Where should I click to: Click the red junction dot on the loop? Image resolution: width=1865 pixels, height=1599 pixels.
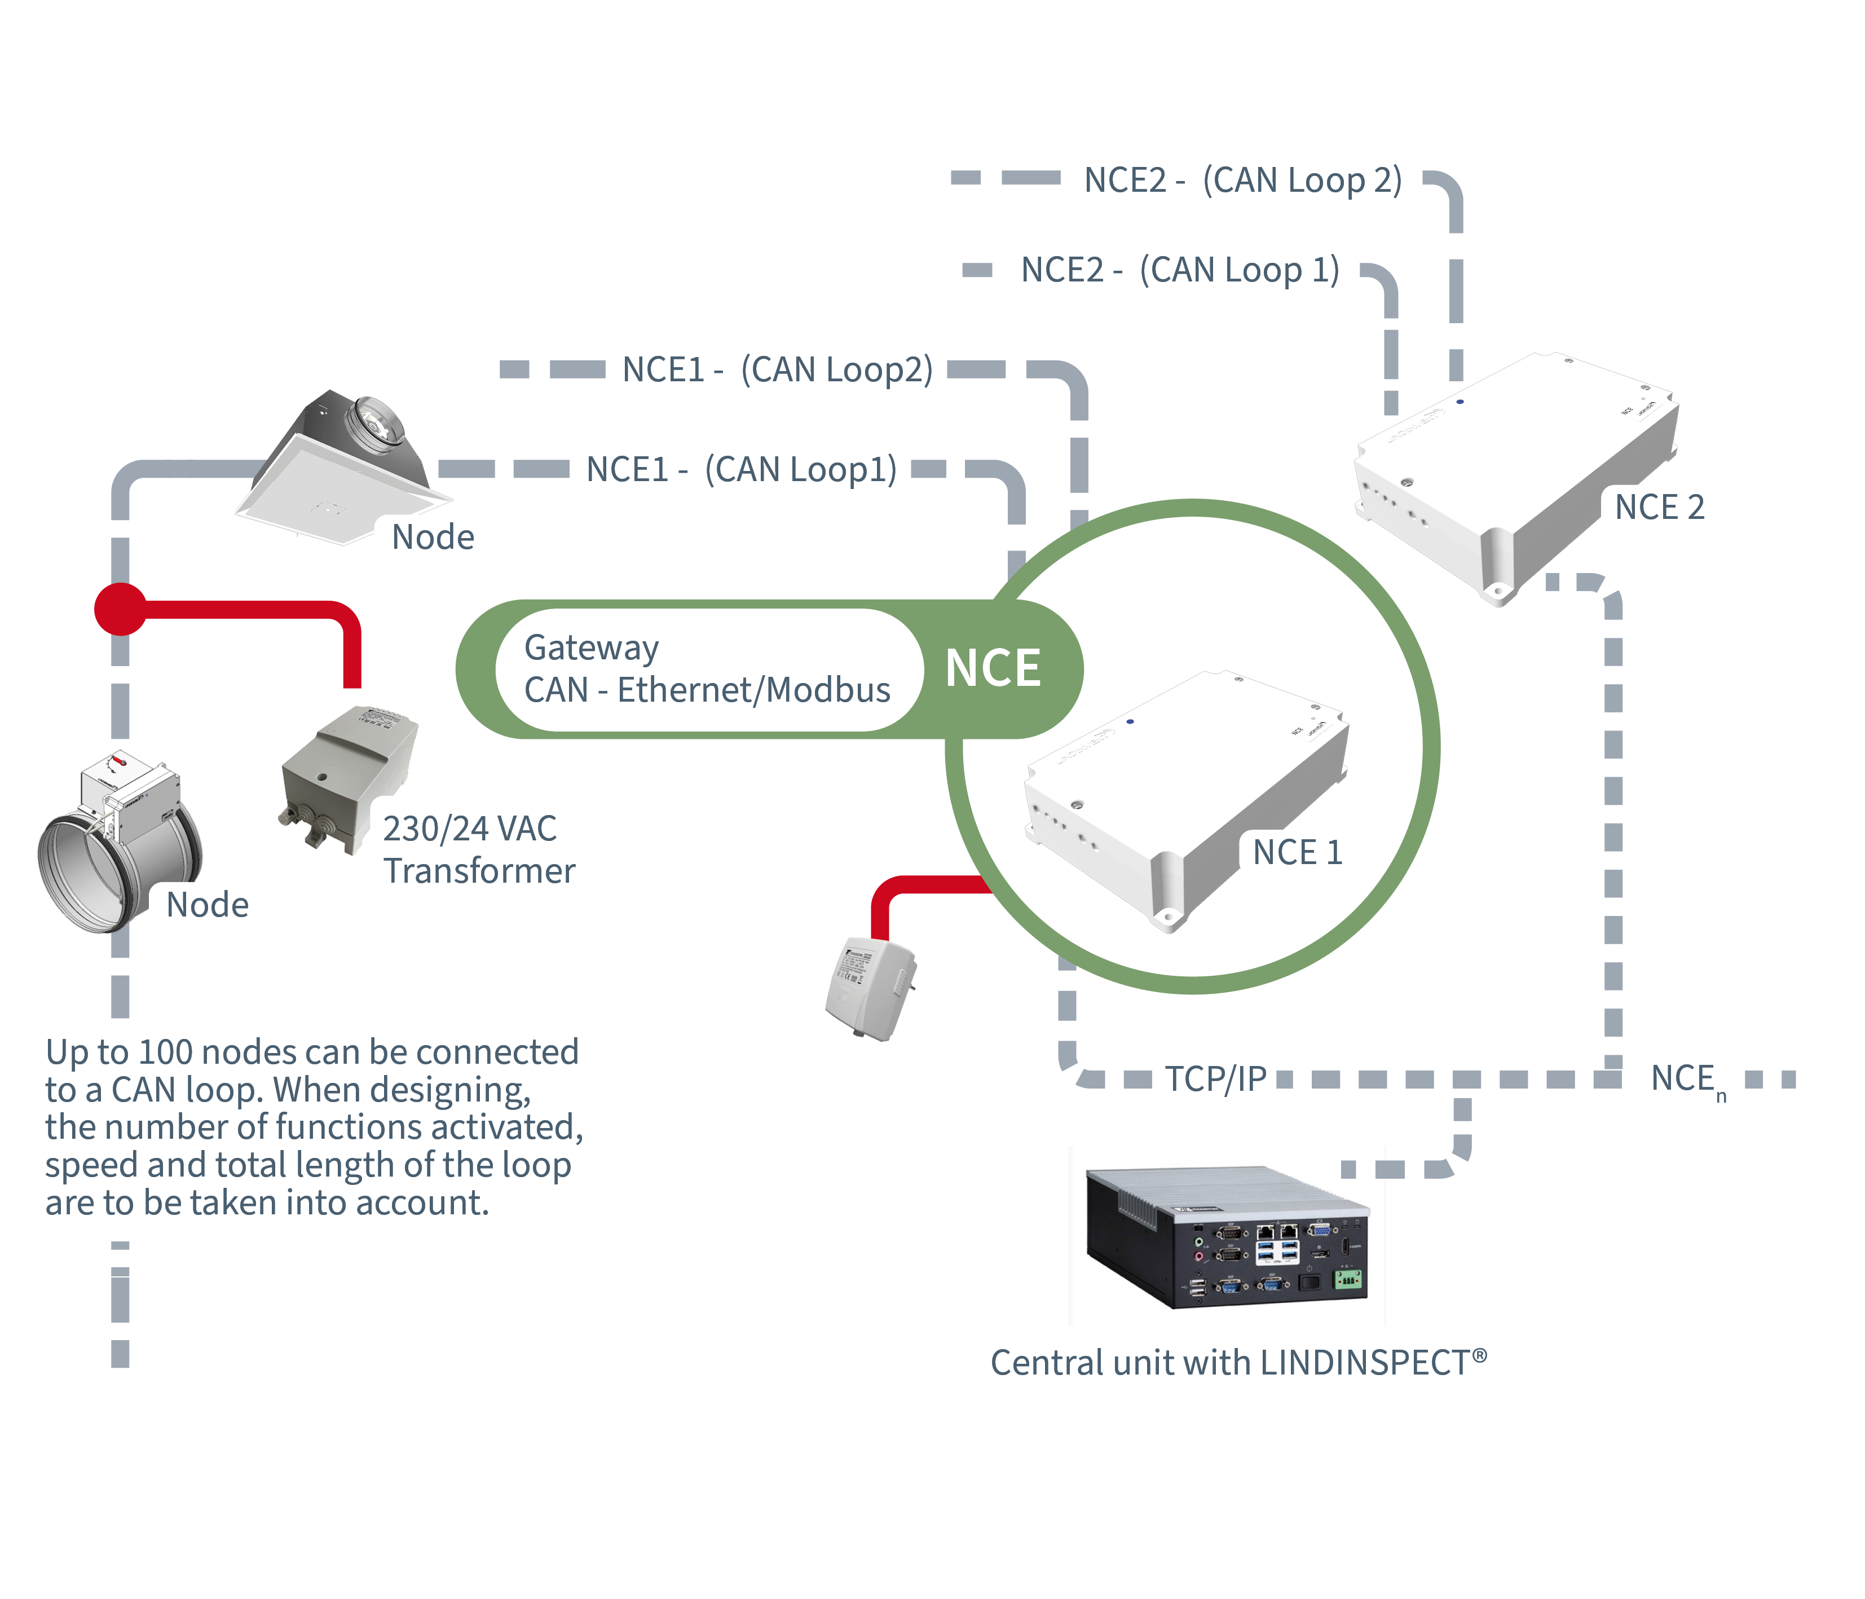click(x=121, y=609)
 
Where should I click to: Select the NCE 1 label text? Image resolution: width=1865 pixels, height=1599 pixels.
click(x=1297, y=852)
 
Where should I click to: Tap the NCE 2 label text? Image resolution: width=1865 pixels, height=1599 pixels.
click(x=1659, y=507)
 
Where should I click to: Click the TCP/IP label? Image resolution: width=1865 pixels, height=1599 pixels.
click(x=1215, y=1078)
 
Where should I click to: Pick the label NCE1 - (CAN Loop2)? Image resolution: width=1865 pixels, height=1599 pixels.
click(x=778, y=369)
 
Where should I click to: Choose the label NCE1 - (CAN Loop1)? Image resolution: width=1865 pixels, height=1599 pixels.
click(x=741, y=469)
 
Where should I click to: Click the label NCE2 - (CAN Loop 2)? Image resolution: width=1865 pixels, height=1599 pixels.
click(x=1242, y=179)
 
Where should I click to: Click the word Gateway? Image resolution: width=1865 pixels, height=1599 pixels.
click(x=592, y=647)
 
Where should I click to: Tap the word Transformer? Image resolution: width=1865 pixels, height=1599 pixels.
click(x=479, y=871)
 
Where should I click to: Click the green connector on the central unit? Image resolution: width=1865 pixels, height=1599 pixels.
click(x=1347, y=1279)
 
